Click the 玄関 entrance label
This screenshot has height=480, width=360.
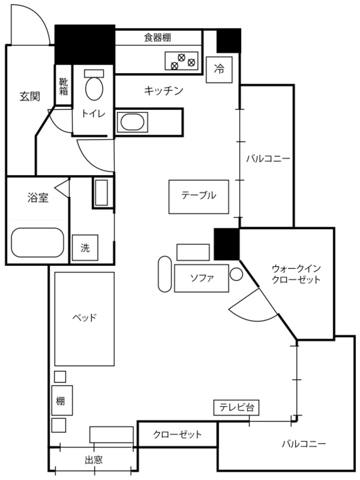coord(30,96)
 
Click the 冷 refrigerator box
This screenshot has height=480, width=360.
coord(219,70)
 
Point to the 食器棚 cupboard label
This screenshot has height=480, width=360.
coord(157,37)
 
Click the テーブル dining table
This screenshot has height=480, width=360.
coord(199,196)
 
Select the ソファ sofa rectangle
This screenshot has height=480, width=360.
coord(201,278)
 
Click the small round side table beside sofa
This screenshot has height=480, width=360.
coord(236,274)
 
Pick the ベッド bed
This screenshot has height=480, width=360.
coord(84,318)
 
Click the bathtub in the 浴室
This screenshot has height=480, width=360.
coord(37,242)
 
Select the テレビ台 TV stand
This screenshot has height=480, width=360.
coord(236,408)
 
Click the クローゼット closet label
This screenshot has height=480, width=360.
coord(177,435)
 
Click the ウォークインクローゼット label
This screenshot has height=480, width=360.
coord(296,274)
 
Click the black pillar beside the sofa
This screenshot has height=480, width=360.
coord(226,244)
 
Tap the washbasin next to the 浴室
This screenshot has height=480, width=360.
coord(101,193)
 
